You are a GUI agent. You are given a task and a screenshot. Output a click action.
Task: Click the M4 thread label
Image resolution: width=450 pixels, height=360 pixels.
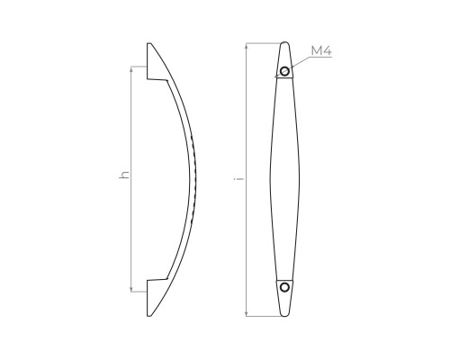321,51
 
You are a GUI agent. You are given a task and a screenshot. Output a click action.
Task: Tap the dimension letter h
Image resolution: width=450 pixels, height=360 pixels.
124,175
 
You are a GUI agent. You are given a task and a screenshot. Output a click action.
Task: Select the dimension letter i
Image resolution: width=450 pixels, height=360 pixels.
238,179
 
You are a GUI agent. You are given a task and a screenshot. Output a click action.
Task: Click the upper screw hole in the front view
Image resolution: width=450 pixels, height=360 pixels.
284,71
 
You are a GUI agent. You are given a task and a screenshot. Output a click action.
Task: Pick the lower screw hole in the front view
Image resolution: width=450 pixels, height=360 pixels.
284,287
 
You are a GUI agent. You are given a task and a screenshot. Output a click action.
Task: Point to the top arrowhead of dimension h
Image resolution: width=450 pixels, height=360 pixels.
131,69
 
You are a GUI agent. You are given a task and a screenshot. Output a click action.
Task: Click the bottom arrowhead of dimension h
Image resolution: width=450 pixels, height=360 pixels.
131,289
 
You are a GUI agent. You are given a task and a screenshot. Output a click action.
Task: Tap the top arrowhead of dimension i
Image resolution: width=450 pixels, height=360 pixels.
247,46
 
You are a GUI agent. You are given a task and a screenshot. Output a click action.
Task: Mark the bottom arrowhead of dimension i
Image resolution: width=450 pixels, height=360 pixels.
247,313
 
